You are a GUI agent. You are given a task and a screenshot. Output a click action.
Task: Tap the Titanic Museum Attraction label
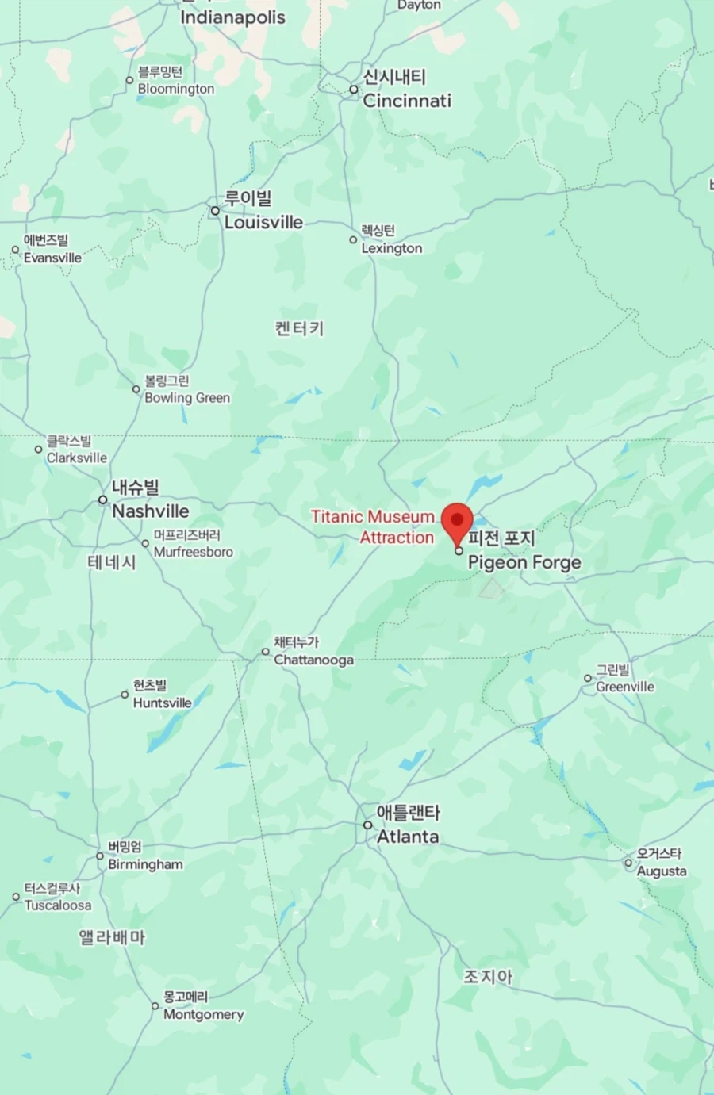(373, 526)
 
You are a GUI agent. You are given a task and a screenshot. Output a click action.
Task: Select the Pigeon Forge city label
(524, 562)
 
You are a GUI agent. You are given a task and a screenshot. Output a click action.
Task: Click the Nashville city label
(150, 511)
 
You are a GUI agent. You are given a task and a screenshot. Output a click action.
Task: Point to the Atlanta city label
(407, 836)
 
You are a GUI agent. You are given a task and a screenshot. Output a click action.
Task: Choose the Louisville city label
(263, 222)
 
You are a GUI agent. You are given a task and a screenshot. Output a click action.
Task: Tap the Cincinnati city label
(406, 100)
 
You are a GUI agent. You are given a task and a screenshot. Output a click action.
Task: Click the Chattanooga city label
(313, 660)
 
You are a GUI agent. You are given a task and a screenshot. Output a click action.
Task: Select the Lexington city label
(391, 248)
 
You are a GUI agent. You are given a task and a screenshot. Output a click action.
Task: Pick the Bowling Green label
(186, 397)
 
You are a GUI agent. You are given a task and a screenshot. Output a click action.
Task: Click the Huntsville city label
(162, 703)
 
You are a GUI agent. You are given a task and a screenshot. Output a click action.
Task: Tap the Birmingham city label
(145, 864)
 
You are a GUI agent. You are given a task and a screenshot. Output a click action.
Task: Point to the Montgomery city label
(203, 1014)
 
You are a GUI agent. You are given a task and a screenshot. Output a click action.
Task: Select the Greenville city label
(625, 687)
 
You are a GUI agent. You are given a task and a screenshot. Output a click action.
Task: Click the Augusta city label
(662, 871)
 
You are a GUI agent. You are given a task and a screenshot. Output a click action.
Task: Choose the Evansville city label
(52, 258)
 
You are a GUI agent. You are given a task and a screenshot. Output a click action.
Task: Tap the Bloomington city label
(175, 89)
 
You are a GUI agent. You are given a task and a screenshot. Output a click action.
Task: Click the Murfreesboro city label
(193, 552)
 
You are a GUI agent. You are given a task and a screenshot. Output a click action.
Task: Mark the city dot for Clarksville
(38, 450)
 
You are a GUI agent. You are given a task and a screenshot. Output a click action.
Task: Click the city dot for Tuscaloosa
(16, 897)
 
